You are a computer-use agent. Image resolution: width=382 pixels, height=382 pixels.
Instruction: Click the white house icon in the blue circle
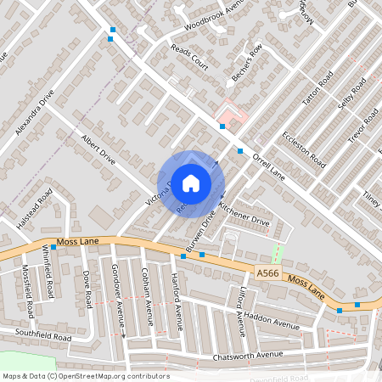click(x=191, y=183)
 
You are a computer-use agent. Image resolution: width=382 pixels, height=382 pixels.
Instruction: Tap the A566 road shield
click(x=266, y=272)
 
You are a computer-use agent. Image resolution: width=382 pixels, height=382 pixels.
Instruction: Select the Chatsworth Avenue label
click(x=248, y=355)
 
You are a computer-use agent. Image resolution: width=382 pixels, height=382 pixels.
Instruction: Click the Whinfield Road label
click(x=49, y=272)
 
